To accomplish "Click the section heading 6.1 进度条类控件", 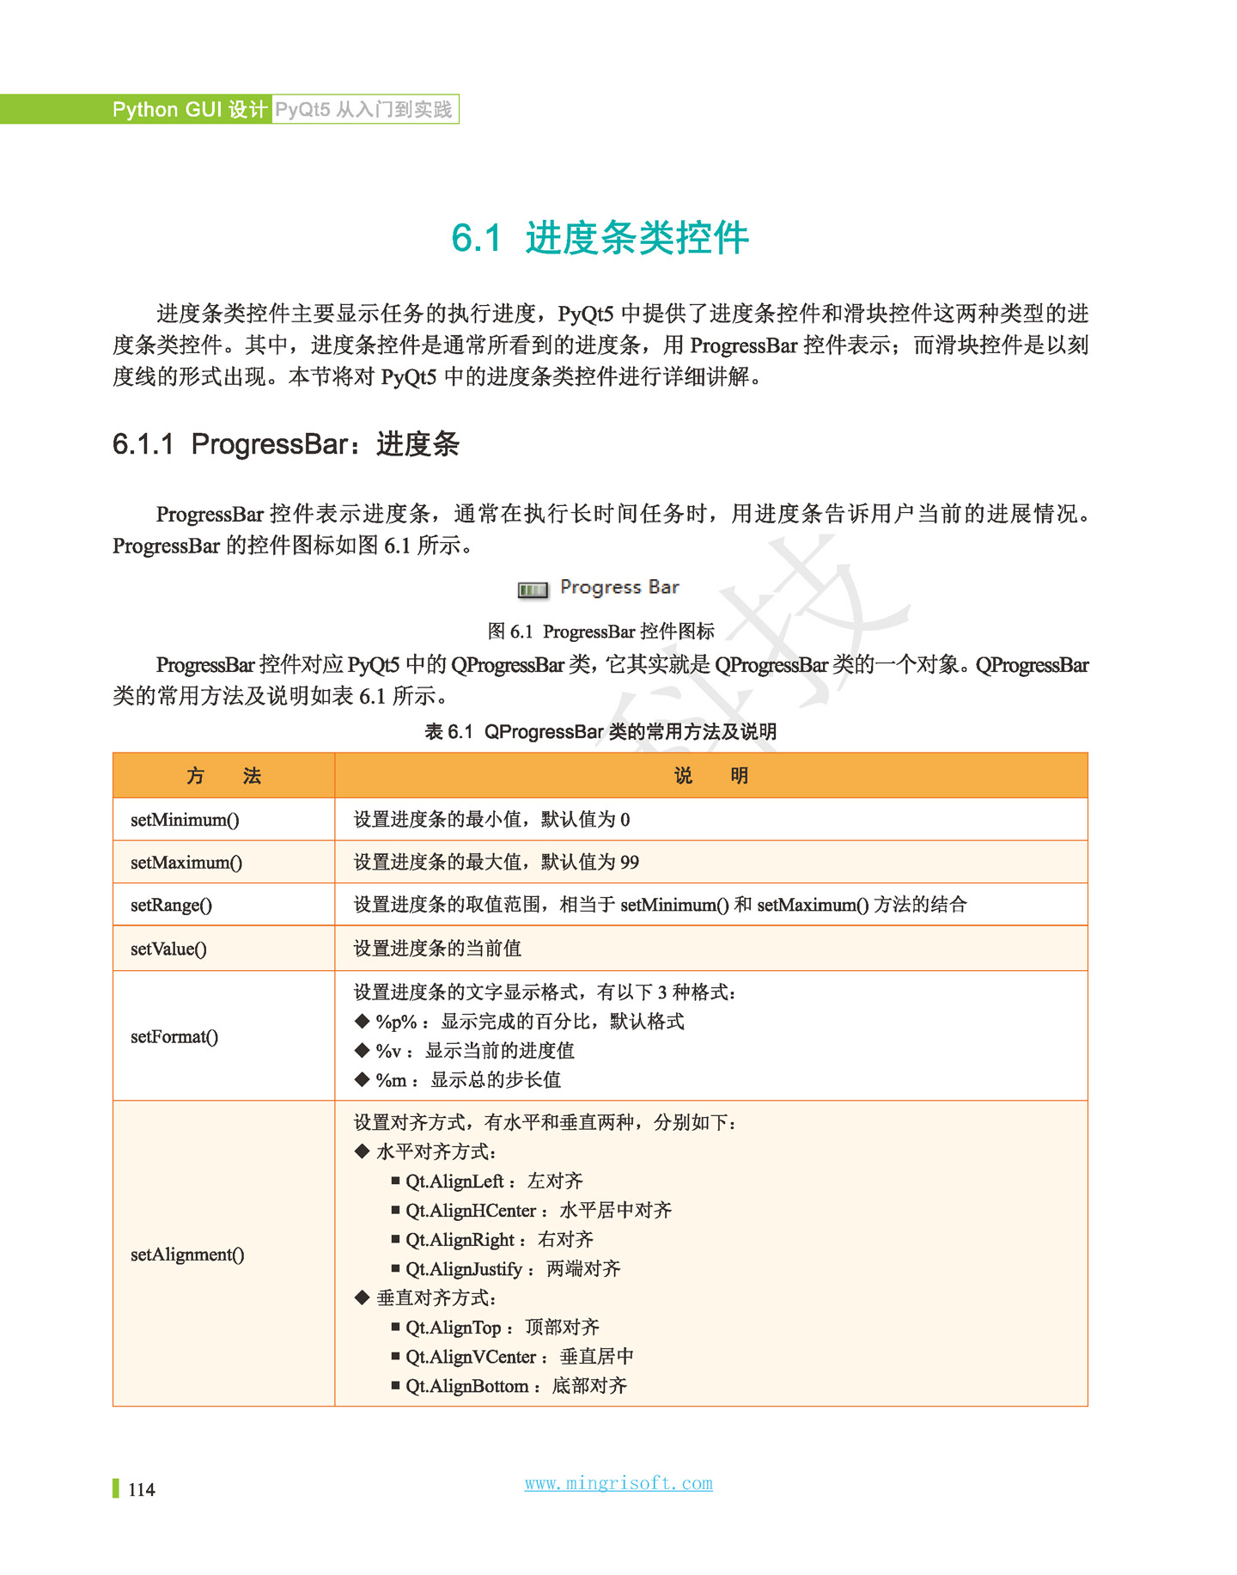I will click(x=600, y=238).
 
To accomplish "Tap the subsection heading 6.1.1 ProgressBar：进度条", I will click(x=285, y=444).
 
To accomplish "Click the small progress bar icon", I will click(x=533, y=589).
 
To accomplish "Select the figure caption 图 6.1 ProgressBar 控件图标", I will click(x=600, y=632).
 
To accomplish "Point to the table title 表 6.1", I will click(x=600, y=731).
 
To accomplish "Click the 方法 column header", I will click(x=223, y=776).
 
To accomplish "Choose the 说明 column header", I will click(x=710, y=776).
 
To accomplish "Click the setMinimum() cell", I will click(x=185, y=820).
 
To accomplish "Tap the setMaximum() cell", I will click(x=186, y=862).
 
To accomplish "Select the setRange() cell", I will click(x=171, y=905).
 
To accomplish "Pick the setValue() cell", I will click(x=168, y=949).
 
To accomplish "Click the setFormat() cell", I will click(x=174, y=1036).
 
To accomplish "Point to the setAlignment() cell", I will click(x=187, y=1255).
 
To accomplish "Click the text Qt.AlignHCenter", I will click(x=471, y=1211).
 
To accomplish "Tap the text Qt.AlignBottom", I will click(x=466, y=1386).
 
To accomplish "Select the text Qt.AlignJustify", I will click(x=464, y=1269).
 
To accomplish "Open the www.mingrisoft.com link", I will click(x=618, y=1483).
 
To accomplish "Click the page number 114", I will click(x=141, y=1490).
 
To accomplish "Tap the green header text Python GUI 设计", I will click(x=190, y=110).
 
